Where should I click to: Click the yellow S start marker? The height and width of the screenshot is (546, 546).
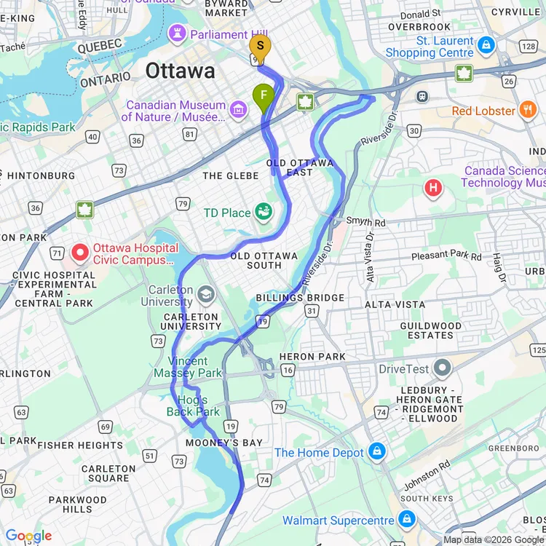coord(260,47)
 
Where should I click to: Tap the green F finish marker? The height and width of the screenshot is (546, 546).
coord(264,95)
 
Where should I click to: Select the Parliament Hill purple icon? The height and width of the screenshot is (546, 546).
coord(177,33)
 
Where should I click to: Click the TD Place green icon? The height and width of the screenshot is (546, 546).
coord(264,213)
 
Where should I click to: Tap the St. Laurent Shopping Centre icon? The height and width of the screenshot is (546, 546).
coord(486,46)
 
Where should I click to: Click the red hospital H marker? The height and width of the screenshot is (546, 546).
coord(434,189)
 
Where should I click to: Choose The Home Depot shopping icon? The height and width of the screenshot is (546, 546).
coord(376,452)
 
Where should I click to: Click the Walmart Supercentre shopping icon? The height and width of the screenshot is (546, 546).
coord(407,520)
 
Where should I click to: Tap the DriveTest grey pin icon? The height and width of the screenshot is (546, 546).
coord(442,368)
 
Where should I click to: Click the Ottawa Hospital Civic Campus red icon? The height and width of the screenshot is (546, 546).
coord(81,253)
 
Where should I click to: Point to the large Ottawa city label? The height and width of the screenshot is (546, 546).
coord(180,71)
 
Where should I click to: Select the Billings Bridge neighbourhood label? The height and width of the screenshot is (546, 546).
coord(300,298)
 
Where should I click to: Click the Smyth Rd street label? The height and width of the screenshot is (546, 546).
coord(365,221)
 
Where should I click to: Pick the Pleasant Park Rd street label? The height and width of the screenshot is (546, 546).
coord(446,256)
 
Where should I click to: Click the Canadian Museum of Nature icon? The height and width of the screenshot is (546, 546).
coord(238,111)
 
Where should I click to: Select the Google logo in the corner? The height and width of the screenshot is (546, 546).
coord(28,536)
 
